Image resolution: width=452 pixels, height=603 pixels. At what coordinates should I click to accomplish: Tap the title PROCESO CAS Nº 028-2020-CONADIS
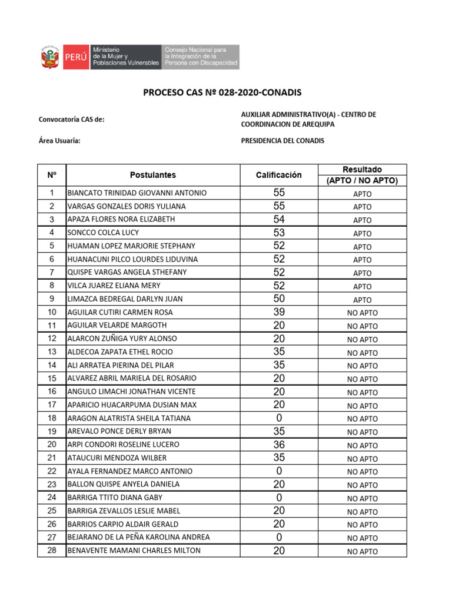(x=223, y=92)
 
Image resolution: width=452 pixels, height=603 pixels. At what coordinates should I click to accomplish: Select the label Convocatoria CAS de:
(x=71, y=120)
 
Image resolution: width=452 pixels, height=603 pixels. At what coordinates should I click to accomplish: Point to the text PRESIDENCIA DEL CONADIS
(x=282, y=141)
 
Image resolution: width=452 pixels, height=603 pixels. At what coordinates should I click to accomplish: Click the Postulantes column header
(x=152, y=175)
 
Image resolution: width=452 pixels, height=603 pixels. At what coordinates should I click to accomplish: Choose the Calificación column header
(x=278, y=175)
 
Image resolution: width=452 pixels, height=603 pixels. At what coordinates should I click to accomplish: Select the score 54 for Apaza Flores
(x=279, y=219)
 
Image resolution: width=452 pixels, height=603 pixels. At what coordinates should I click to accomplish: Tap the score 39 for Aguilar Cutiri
(x=279, y=312)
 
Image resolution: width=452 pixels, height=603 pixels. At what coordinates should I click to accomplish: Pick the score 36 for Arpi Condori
(x=279, y=445)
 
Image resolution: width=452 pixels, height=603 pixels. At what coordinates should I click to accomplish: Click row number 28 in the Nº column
(x=52, y=551)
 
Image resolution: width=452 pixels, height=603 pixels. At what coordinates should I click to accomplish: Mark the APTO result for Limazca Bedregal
(x=362, y=300)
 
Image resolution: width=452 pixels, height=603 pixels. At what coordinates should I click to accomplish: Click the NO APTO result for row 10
(x=362, y=313)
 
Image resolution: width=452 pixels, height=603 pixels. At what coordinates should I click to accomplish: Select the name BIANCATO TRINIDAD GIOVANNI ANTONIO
(x=137, y=193)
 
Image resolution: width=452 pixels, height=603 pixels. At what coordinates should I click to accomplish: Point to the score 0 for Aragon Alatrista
(x=279, y=418)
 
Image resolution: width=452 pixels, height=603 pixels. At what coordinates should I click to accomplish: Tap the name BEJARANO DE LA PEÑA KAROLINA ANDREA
(x=138, y=537)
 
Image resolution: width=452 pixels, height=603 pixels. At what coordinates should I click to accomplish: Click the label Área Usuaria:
(x=59, y=141)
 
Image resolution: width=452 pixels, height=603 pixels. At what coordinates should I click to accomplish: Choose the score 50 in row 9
(x=279, y=299)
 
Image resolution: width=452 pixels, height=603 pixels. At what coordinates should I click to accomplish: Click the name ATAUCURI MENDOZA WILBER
(x=117, y=458)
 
